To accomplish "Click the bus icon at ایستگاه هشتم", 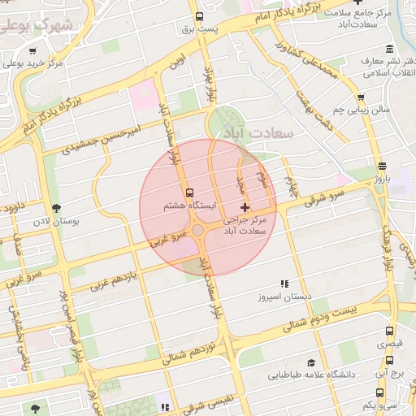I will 189,193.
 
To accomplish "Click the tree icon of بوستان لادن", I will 55,208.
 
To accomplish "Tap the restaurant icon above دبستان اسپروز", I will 284,284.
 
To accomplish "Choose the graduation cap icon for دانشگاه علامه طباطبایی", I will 311,363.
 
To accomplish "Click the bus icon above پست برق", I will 199,16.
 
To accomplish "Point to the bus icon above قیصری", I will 389,331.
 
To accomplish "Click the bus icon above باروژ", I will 383,165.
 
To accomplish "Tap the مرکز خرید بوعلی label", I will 33,63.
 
